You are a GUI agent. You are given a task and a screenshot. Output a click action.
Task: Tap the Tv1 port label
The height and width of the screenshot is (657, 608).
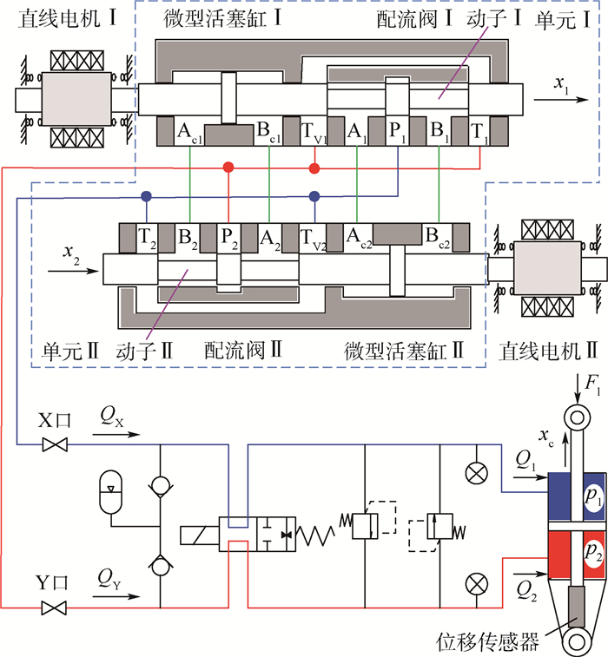pos(314,133)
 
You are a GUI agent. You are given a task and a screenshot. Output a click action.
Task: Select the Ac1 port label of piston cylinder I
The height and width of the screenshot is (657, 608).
pos(189,133)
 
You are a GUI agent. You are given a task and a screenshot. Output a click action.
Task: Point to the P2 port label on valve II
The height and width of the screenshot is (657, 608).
pos(229,239)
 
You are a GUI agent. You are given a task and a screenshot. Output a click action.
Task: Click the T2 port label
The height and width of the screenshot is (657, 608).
pos(147,239)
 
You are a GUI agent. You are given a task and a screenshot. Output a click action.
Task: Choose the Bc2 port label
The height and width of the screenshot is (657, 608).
pos(438,239)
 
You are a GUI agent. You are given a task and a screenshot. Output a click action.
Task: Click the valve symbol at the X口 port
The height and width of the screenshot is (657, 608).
pos(55,444)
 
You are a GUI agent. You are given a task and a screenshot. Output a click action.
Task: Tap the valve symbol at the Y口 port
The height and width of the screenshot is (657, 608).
pos(55,608)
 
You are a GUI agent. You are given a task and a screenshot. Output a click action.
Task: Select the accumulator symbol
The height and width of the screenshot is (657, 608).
pos(111,492)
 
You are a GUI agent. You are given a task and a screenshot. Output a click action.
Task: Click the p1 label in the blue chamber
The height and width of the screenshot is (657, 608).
pos(593,496)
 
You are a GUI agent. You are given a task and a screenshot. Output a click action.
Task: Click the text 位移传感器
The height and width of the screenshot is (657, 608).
pos(487,641)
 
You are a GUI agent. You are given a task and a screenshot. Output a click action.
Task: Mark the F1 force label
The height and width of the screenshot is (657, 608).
pos(593,385)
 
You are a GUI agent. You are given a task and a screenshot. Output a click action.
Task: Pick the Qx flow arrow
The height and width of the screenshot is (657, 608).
pos(116,434)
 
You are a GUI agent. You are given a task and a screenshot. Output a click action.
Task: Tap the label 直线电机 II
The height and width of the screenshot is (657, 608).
pos(548,351)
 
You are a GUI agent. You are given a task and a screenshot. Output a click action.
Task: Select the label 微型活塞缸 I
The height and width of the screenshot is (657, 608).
pos(222,19)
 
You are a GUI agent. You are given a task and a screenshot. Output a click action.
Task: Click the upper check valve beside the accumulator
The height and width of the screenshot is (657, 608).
pos(160,487)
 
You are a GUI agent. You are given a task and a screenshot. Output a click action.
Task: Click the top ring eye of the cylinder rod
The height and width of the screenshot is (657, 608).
pos(578,417)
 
